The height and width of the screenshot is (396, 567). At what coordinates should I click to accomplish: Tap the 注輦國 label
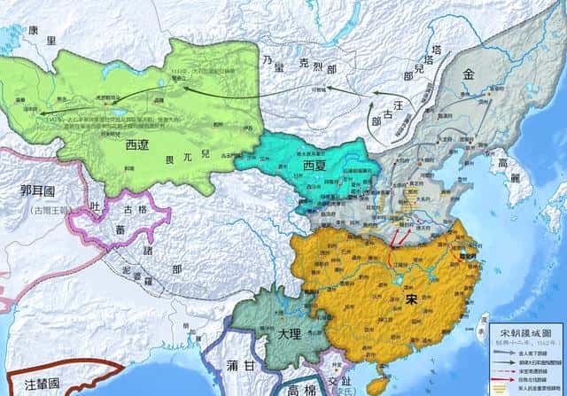[x=41, y=384]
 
